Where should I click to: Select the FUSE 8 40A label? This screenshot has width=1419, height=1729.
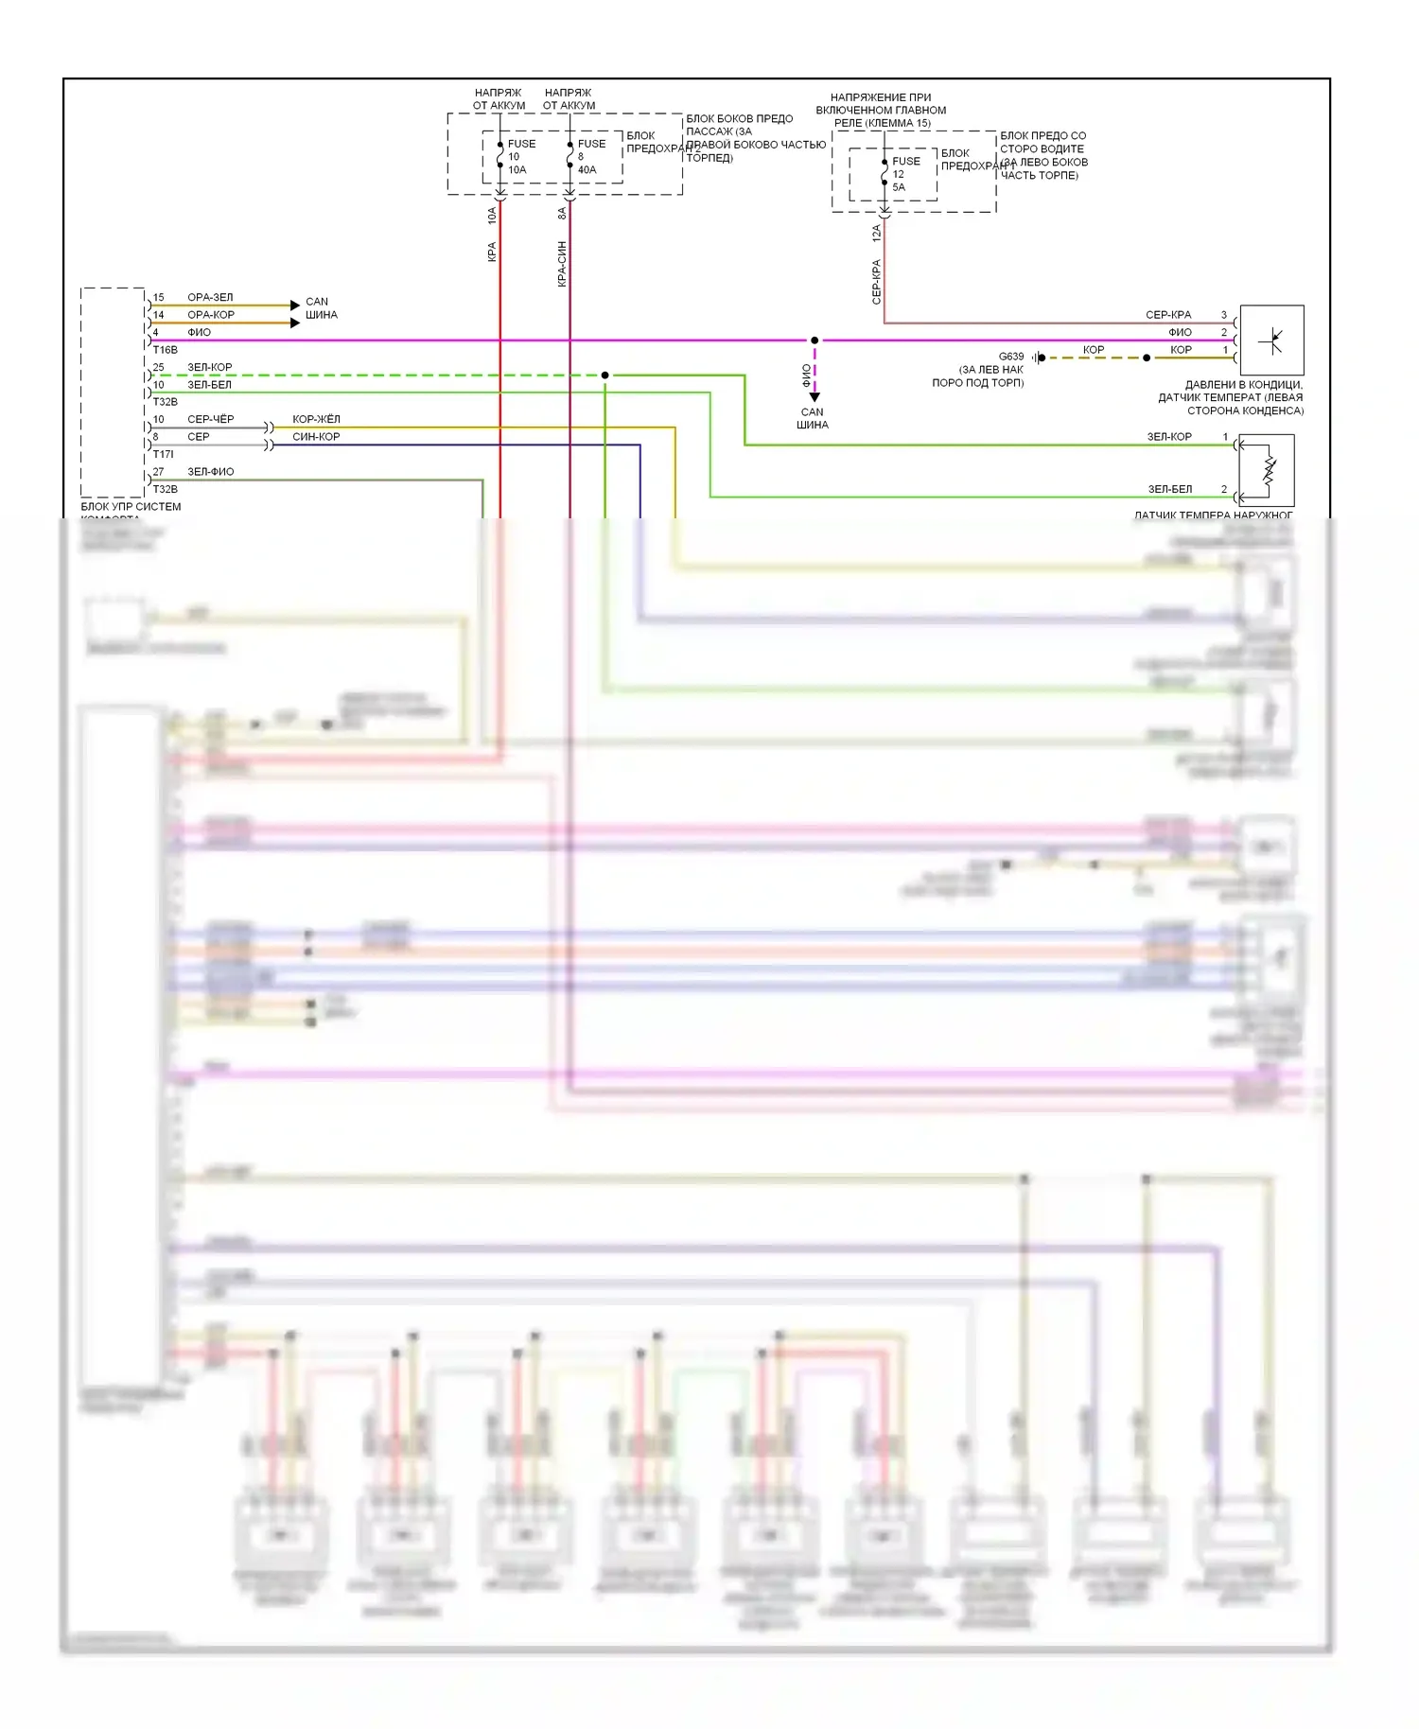(589, 157)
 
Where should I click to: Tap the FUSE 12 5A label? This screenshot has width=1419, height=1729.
(904, 174)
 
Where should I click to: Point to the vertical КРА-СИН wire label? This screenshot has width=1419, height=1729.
(562, 263)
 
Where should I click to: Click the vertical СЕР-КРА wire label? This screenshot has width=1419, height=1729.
(877, 281)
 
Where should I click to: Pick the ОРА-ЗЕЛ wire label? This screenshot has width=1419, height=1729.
(210, 297)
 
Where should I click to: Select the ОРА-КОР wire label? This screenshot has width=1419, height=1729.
(211, 315)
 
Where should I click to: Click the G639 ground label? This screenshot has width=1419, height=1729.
(1011, 357)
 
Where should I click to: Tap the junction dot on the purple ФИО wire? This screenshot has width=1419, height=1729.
(815, 341)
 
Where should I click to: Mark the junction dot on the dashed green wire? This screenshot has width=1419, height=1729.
(605, 375)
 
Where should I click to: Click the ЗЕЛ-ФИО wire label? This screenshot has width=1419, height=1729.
(211, 471)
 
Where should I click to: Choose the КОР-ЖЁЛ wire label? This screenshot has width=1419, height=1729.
(316, 419)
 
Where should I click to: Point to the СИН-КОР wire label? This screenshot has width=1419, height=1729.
(316, 437)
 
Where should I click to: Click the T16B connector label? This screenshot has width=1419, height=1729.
(166, 350)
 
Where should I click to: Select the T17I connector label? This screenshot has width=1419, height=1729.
(164, 454)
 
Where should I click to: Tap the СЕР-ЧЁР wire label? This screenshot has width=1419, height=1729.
(211, 419)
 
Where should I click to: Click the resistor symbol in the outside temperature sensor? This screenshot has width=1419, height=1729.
(1270, 470)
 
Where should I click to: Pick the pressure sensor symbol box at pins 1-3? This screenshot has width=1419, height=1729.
(1271, 340)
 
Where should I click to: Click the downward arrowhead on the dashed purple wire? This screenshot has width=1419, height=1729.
(815, 397)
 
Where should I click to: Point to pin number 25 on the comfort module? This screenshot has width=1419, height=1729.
(159, 367)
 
